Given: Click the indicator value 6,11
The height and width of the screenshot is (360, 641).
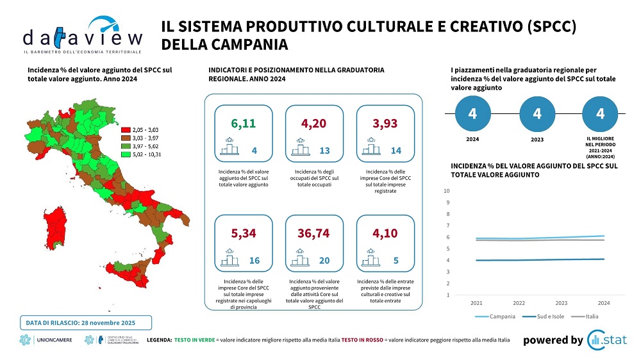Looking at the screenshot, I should (x=243, y=122).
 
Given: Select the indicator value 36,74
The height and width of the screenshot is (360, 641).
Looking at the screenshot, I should (x=313, y=233).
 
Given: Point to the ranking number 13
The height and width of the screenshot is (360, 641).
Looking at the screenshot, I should (x=324, y=151).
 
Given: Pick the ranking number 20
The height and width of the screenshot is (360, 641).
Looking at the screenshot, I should (x=324, y=261).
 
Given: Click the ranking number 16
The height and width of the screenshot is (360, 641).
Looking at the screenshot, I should (x=254, y=261).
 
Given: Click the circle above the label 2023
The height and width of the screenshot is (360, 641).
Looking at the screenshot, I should (x=537, y=113).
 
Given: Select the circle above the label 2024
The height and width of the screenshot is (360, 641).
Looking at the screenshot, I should (x=472, y=113).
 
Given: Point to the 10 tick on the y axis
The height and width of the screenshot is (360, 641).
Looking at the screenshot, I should (x=447, y=191).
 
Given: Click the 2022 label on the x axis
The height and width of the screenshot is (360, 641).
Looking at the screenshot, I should (x=519, y=302).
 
